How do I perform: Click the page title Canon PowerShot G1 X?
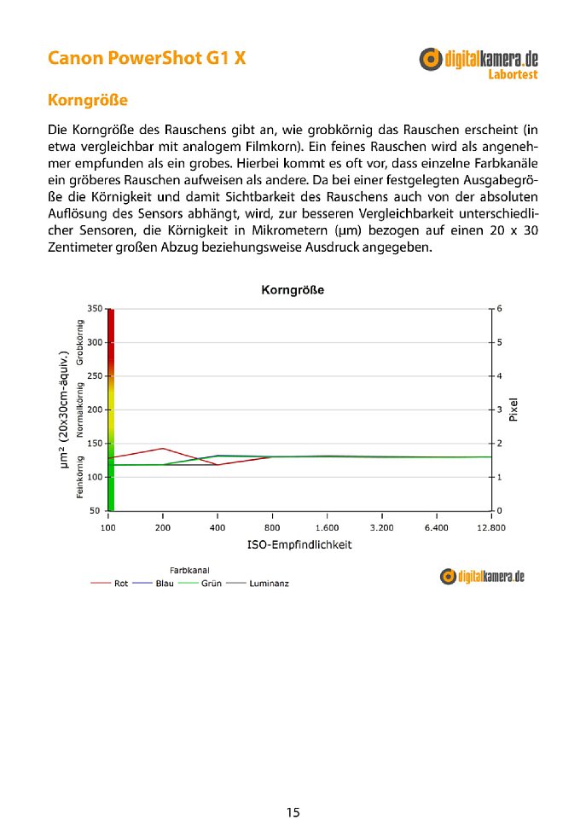pos(148,59)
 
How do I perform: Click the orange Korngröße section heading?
pos(88,101)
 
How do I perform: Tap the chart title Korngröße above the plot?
pos(292,290)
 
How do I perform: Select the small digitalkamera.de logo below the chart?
pos(482,577)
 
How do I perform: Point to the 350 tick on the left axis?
pos(95,308)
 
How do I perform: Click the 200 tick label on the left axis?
pos(95,410)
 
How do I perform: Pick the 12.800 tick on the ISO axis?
pos(491,528)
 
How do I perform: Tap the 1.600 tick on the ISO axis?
pos(328,528)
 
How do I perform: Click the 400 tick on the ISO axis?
pos(218,528)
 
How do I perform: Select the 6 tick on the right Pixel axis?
pos(499,308)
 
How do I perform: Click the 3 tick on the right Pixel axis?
pos(499,410)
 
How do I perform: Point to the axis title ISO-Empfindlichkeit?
pos(300,544)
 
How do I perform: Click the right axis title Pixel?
pos(513,410)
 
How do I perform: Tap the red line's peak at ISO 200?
pos(163,448)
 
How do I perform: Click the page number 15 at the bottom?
pos(293,812)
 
